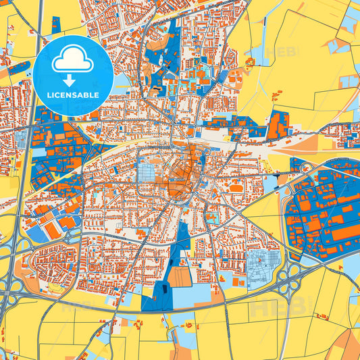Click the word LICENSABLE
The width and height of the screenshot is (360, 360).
tap(72, 95)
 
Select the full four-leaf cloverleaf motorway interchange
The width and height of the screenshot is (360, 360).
tap(294, 273)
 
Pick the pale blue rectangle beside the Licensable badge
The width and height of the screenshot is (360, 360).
tap(122, 82)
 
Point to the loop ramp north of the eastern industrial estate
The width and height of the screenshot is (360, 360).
tap(306, 166)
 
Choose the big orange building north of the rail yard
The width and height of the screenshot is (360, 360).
tap(276, 124)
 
